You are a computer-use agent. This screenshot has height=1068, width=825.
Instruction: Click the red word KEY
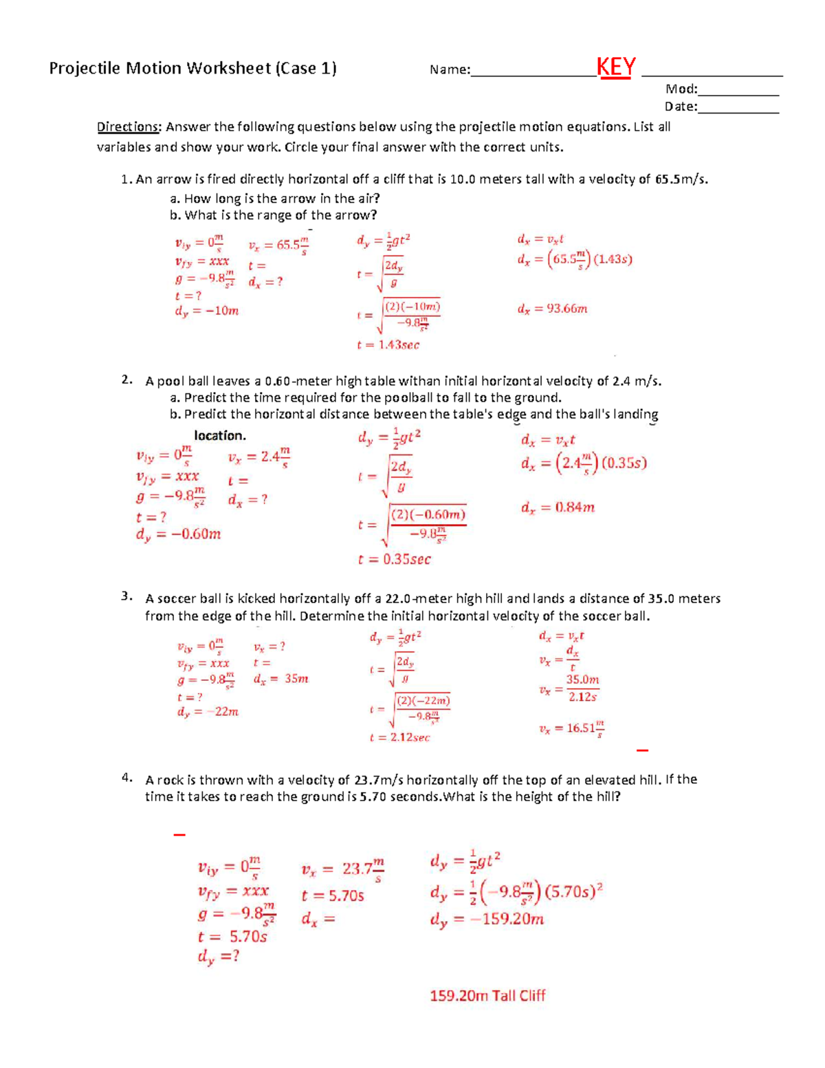(616, 67)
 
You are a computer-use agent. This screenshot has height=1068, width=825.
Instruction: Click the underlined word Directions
(129, 127)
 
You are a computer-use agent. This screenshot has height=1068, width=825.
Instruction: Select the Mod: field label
(681, 89)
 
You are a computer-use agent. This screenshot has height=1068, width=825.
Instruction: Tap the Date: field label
(681, 107)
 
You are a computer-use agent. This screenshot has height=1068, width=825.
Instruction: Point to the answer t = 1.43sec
(388, 345)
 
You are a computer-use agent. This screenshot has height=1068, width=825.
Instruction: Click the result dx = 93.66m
(552, 309)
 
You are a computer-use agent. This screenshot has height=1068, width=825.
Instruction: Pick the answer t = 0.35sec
(394, 560)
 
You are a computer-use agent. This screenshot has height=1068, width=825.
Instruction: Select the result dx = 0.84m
(558, 508)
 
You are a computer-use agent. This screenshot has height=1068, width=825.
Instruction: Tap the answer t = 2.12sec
(399, 738)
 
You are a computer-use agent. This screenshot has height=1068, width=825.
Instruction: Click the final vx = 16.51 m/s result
(571, 729)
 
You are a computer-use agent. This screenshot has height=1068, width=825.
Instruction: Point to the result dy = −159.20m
(487, 919)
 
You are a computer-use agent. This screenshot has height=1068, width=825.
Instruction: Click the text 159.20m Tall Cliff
(487, 996)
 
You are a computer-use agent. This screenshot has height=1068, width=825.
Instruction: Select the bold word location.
(219, 436)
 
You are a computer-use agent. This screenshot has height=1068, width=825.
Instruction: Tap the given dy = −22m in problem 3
(208, 712)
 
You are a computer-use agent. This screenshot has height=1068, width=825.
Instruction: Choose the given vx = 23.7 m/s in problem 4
(342, 869)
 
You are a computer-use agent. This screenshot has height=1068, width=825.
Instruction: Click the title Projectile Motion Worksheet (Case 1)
(192, 68)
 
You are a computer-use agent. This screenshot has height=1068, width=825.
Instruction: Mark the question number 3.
(126, 596)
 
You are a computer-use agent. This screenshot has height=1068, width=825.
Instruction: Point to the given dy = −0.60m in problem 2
(178, 534)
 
